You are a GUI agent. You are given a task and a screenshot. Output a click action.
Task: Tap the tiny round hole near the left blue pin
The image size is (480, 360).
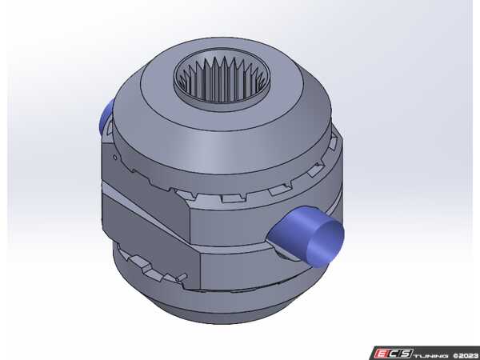pyautogui.click(x=118, y=158)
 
